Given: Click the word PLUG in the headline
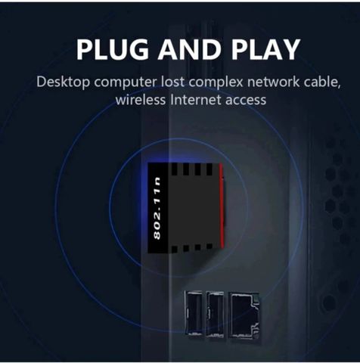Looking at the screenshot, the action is coord(113,49).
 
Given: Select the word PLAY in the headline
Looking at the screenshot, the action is coord(265,49).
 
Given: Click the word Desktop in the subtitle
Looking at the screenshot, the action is coord(63,82).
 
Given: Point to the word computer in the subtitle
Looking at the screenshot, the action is coord(126,83).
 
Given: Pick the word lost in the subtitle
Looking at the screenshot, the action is coord(172,82).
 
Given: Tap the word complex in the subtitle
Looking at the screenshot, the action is coord(216,83).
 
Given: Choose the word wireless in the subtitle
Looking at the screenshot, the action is coord(141,100).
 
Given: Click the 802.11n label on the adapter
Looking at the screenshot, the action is coord(157,208).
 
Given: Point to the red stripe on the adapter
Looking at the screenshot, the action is coord(222,206).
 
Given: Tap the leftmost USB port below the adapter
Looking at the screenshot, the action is coord(194,313).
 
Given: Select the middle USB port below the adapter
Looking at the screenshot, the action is coord(215,314).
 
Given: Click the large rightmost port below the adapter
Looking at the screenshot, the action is coord(244,315).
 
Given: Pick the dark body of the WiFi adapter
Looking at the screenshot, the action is coord(187,208).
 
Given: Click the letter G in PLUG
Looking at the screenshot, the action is coord(138,49).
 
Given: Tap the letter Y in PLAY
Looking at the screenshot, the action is coord(290,49).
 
